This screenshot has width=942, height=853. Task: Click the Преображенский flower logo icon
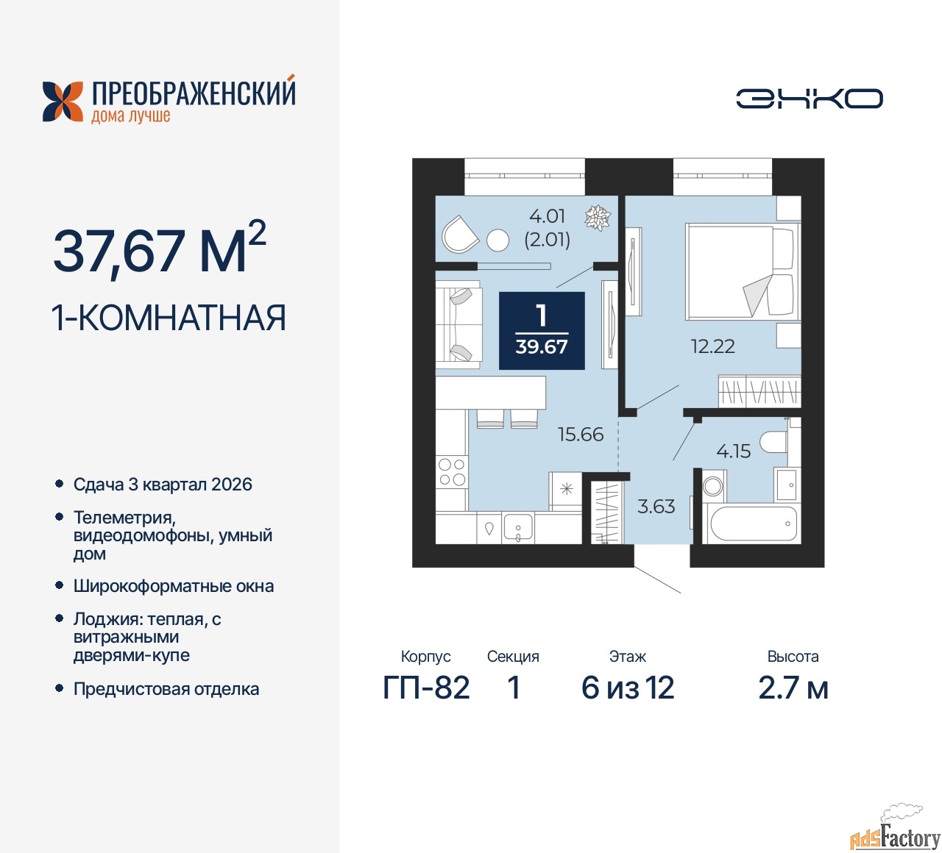[x=63, y=101]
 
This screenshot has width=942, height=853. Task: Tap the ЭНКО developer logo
[x=809, y=99]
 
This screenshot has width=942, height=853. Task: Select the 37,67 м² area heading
[x=160, y=249]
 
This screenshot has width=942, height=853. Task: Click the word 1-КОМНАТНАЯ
[x=169, y=318]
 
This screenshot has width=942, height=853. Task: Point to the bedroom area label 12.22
[x=712, y=346]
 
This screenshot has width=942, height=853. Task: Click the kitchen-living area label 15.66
[x=581, y=435]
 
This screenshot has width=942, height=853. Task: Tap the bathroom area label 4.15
[x=733, y=452]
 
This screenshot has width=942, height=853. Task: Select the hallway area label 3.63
[x=656, y=506]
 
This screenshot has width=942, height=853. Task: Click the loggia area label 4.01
[x=547, y=216]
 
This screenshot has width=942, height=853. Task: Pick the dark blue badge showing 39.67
[x=542, y=331]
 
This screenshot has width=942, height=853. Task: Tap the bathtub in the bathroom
[x=753, y=523]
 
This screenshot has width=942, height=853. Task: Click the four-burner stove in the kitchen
[x=451, y=472]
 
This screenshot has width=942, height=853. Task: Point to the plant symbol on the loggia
[x=598, y=218]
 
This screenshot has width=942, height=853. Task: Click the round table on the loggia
[x=497, y=240]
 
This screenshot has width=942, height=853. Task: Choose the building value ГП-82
[x=426, y=688]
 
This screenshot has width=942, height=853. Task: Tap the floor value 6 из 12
[x=627, y=688]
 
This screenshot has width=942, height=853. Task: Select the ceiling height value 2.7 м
[x=793, y=688]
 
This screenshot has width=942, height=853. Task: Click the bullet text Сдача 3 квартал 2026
[x=163, y=484]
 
